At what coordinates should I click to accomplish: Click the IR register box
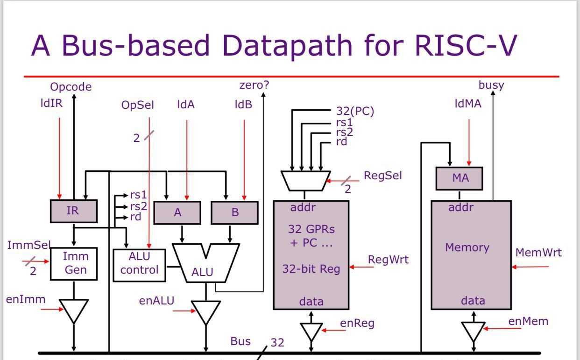coord(73,211)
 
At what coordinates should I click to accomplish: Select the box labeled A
coord(177,212)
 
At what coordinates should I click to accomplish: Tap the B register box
coord(234,212)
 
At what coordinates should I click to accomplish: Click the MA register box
coord(460,178)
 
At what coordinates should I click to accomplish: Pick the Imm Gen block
coord(73,263)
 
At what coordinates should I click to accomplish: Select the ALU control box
coord(139,265)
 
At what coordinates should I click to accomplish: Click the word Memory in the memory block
coord(467,247)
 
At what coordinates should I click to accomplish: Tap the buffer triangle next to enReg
coord(311,331)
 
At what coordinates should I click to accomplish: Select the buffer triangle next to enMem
coord(474,330)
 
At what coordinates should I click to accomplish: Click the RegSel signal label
coord(382,176)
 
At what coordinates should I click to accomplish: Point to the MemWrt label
coord(538,253)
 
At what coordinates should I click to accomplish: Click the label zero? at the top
coord(254,85)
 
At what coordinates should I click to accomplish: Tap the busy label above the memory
coord(491,85)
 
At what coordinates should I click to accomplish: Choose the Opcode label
coord(71,87)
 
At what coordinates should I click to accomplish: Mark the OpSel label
coord(137,105)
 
